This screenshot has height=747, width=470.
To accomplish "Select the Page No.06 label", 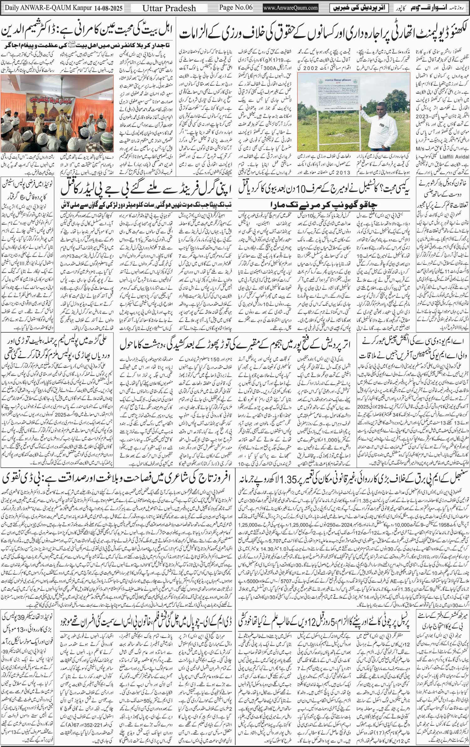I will (x=236, y=8).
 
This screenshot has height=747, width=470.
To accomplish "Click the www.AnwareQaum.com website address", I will (x=290, y=8).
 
